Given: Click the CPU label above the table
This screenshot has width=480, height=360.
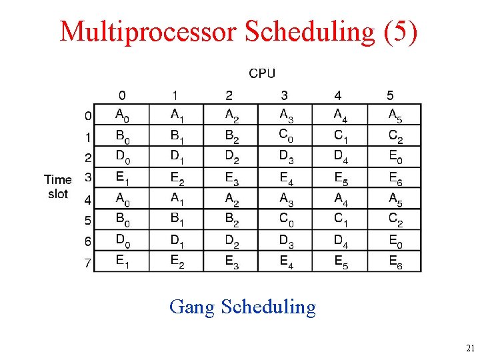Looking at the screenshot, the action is pyautogui.click(x=262, y=73).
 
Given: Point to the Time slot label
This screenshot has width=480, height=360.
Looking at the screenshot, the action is pyautogui.click(x=58, y=187).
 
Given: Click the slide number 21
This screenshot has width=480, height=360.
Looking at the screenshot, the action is pyautogui.click(x=470, y=348).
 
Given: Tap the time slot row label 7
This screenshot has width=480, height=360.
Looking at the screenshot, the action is pyautogui.click(x=87, y=263).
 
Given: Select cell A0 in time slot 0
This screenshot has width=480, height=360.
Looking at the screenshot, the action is pyautogui.click(x=123, y=115).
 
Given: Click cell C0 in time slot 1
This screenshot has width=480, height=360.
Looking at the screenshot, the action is pyautogui.click(x=286, y=135).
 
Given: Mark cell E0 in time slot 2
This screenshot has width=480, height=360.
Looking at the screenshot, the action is pyautogui.click(x=395, y=157).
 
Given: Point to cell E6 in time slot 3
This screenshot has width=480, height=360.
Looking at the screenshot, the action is pyautogui.click(x=395, y=178).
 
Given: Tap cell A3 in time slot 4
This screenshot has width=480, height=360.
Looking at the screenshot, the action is pyautogui.click(x=286, y=199).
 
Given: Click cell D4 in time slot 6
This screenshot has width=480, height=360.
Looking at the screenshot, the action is pyautogui.click(x=341, y=240).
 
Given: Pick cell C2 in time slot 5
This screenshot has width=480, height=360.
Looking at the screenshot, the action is pyautogui.click(x=395, y=219).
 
